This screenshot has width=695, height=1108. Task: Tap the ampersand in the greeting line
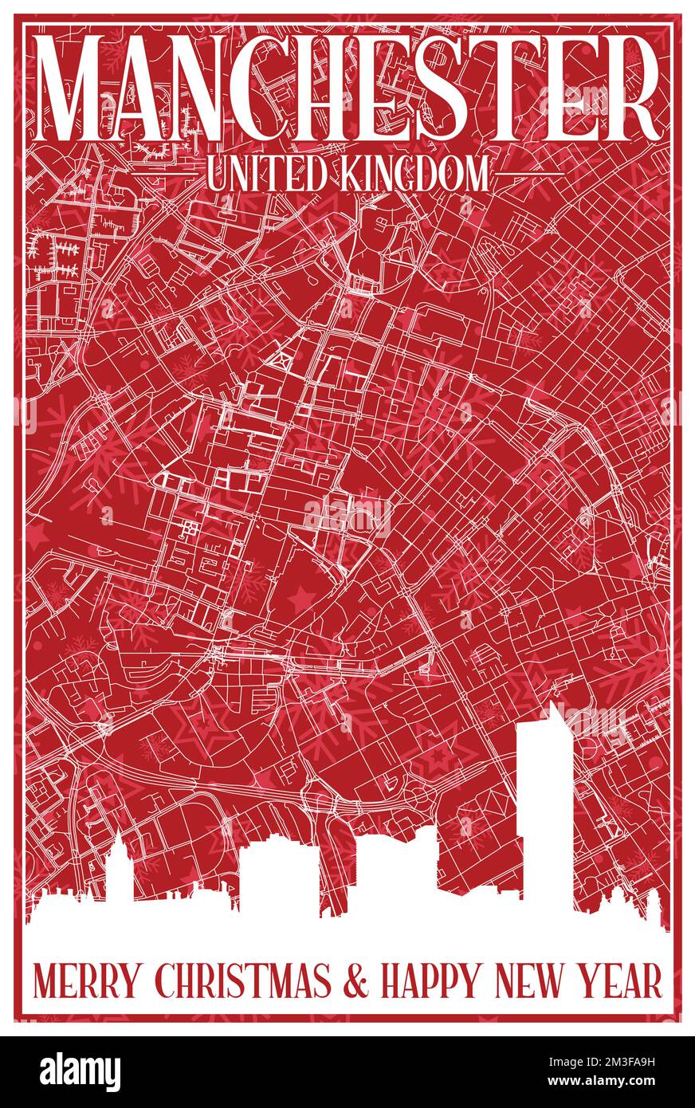(358, 981)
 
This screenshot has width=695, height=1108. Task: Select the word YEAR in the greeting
(624, 981)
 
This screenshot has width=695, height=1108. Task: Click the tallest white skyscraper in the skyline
(544, 813)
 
